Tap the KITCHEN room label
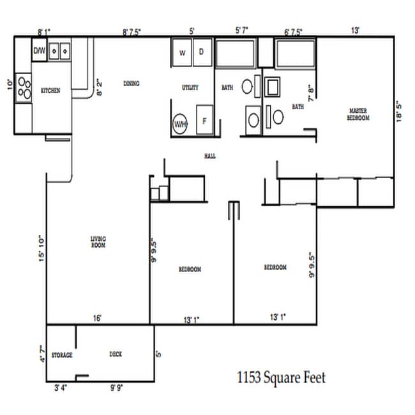pyautogui.click(x=50, y=91)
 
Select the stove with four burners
pyautogui.click(x=24, y=89)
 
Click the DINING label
pyautogui.click(x=132, y=83)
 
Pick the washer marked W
pyautogui.click(x=182, y=53)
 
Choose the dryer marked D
pyautogui.click(x=202, y=53)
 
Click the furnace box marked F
pyautogui.click(x=205, y=121)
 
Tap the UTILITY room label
pyautogui.click(x=190, y=87)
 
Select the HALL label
pyautogui.click(x=209, y=156)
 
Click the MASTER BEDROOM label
pyautogui.click(x=358, y=114)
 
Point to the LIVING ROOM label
pyautogui.click(x=98, y=242)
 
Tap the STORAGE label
pyautogui.click(x=62, y=354)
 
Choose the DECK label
pyautogui.click(x=116, y=354)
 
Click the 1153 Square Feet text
pyautogui.click(x=280, y=378)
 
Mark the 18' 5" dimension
pyautogui.click(x=400, y=114)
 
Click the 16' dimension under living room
pyautogui.click(x=98, y=317)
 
